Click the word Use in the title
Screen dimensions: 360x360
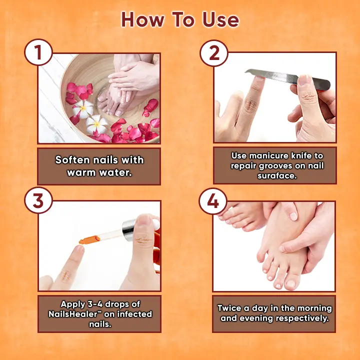click(x=220, y=19)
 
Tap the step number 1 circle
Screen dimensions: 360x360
click(x=38, y=52)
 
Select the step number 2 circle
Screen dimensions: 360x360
click(x=214, y=53)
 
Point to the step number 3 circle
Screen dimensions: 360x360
click(x=38, y=200)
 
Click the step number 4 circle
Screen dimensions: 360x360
click(x=213, y=201)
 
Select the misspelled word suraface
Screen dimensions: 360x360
click(x=277, y=176)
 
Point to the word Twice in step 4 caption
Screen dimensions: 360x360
click(x=229, y=308)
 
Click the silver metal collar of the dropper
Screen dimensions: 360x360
click(x=129, y=230)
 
